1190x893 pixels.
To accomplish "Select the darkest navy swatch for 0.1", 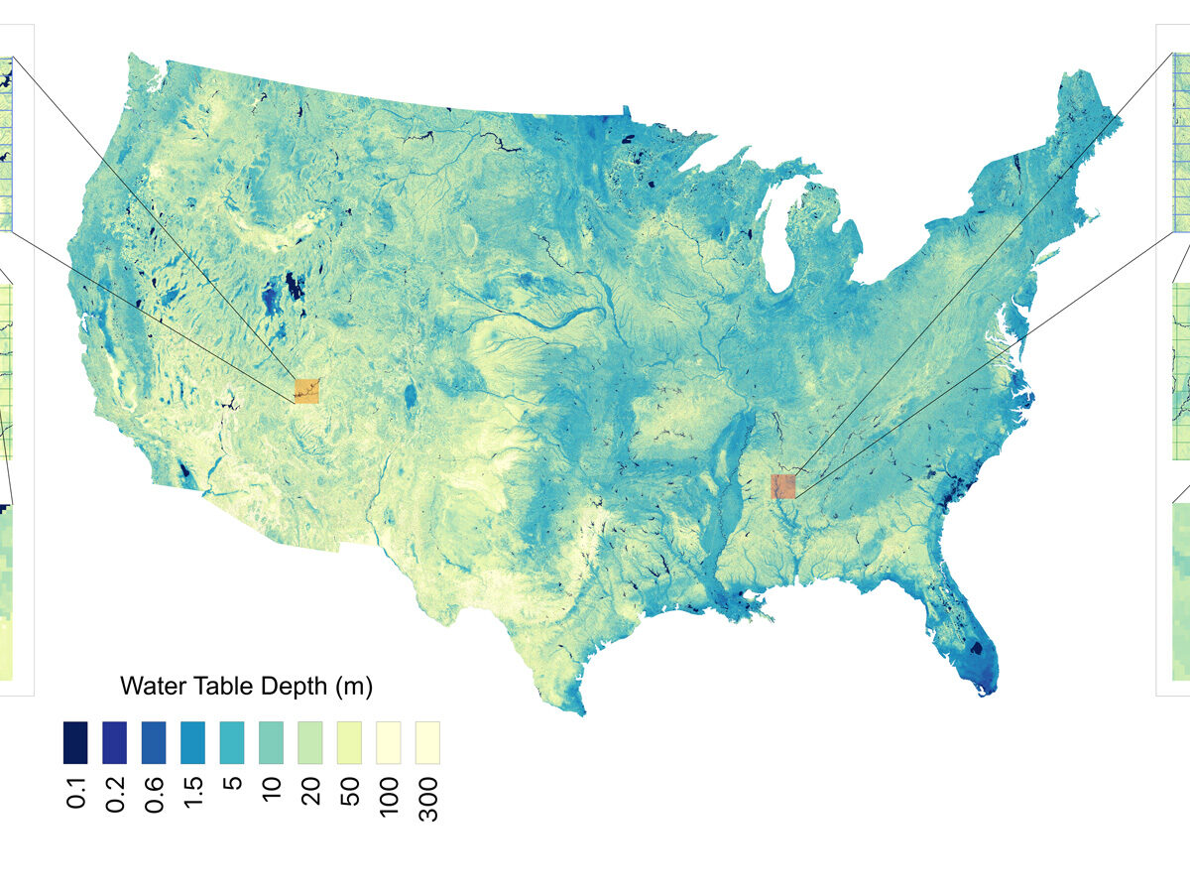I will tap(74, 742).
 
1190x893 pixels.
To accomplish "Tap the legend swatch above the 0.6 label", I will tap(154, 742).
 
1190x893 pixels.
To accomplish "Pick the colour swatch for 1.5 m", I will tap(192, 742).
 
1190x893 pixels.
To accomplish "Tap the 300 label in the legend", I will tap(428, 797).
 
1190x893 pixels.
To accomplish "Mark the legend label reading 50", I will tap(349, 793).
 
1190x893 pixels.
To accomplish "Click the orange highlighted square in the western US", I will tap(306, 390).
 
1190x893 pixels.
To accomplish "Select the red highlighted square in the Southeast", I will tap(783, 486).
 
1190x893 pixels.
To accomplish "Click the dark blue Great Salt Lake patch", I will tap(295, 287).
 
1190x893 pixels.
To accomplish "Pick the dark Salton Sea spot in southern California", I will tap(184, 473).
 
